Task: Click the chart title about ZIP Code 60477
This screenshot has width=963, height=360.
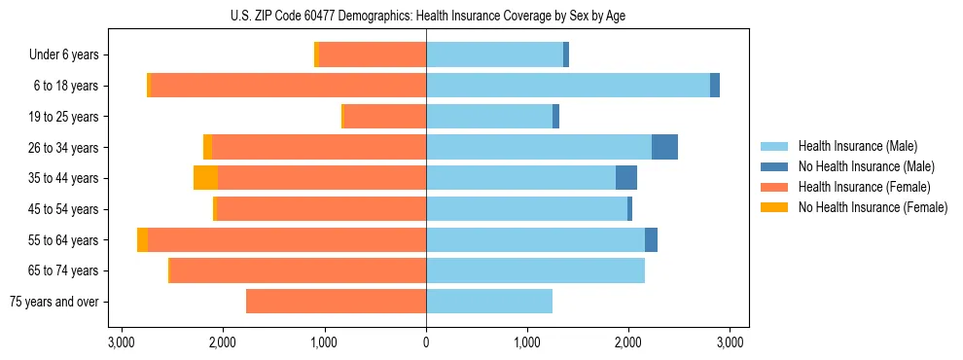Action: pos(426,15)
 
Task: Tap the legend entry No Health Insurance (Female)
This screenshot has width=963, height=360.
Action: pos(873,207)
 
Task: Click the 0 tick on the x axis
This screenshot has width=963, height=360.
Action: pos(426,342)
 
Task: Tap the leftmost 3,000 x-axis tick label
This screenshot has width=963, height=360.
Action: pos(122,342)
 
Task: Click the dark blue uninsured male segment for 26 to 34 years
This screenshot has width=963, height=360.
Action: pos(664,147)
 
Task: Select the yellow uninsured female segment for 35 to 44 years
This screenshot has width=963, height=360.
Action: pos(205,178)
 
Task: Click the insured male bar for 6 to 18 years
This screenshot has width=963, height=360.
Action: pos(568,86)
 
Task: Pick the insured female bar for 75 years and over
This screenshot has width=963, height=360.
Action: pos(336,302)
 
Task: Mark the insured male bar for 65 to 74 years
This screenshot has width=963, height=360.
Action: pos(535,270)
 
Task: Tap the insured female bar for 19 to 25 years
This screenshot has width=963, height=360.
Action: pos(385,117)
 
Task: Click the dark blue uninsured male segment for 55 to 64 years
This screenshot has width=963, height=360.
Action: pos(651,239)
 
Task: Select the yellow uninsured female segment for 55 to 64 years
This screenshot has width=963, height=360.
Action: pos(143,239)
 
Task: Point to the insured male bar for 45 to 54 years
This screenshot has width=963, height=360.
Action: pos(526,208)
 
